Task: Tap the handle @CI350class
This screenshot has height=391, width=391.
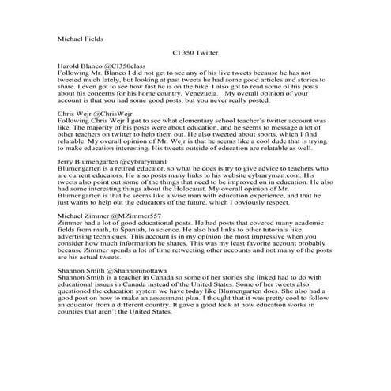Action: [122, 66]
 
